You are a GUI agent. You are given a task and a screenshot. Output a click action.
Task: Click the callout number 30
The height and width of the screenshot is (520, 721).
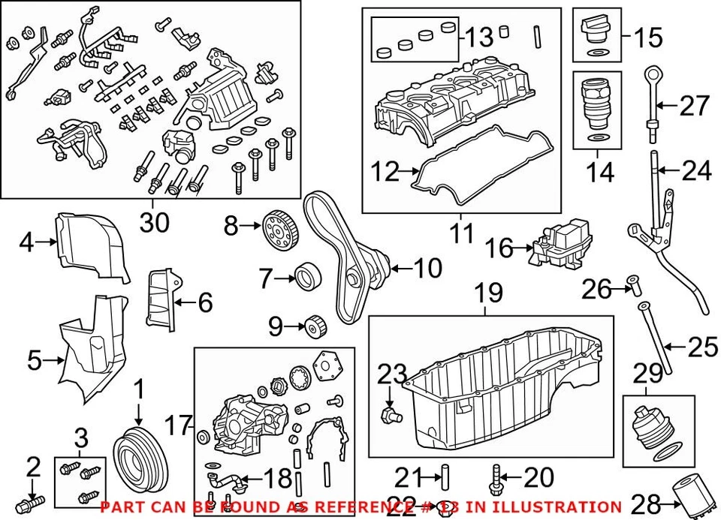click(x=155, y=221)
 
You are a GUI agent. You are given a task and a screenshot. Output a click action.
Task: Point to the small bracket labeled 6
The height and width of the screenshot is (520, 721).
click(x=161, y=299)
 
